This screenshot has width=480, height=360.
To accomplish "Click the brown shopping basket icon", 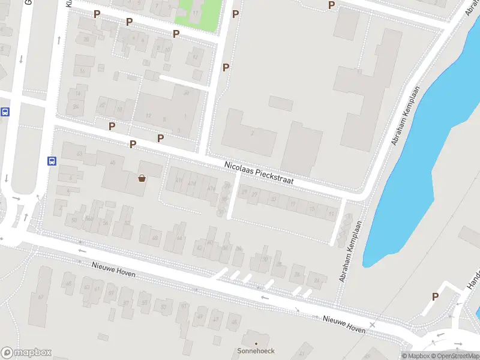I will [142, 178].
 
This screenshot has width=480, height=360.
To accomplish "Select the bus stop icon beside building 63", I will [52, 161].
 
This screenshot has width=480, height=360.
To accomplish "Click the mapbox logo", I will [26, 353].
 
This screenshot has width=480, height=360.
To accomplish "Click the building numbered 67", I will [40, 297].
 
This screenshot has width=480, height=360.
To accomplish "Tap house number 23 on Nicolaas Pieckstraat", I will [274, 199].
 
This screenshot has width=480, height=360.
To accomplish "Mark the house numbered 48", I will [155, 238].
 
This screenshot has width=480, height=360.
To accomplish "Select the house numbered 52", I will [127, 223].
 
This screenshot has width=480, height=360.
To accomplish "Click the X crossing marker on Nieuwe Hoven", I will [373, 325].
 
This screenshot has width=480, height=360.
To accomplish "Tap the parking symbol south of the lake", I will [435, 296].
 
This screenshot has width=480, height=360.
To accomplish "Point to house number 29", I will [255, 194].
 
